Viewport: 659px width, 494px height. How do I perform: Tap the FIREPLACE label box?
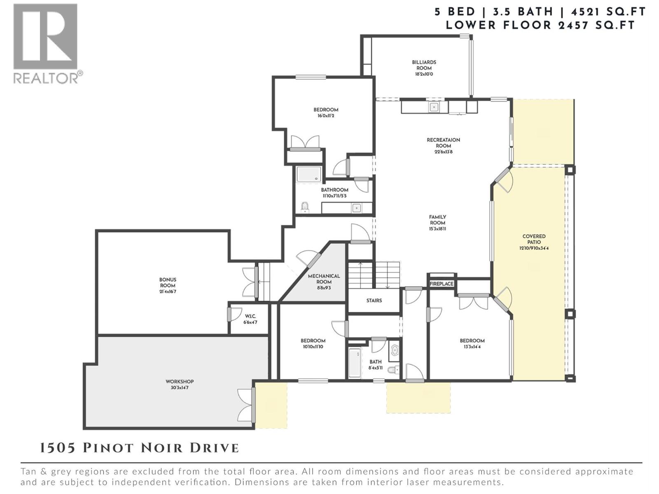[x=441, y=284]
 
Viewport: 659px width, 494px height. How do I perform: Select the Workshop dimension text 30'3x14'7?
[x=180, y=388]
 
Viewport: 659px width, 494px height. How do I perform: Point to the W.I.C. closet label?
[x=250, y=317]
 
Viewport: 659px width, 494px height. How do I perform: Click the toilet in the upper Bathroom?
[x=305, y=207]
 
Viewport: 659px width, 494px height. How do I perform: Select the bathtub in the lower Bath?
[x=355, y=363]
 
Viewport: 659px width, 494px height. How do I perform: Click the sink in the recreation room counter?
[x=433, y=107]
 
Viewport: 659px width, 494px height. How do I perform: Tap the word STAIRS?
[x=374, y=301]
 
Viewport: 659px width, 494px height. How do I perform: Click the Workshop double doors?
[x=246, y=405]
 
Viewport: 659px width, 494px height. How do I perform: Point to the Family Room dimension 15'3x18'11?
[x=437, y=229]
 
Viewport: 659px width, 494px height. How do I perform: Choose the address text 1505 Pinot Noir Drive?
[x=139, y=448]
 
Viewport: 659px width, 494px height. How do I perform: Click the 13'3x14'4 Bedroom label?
[x=472, y=343]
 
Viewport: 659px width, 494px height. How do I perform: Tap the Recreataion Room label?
[x=443, y=143]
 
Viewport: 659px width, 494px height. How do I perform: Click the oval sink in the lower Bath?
[x=395, y=350]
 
